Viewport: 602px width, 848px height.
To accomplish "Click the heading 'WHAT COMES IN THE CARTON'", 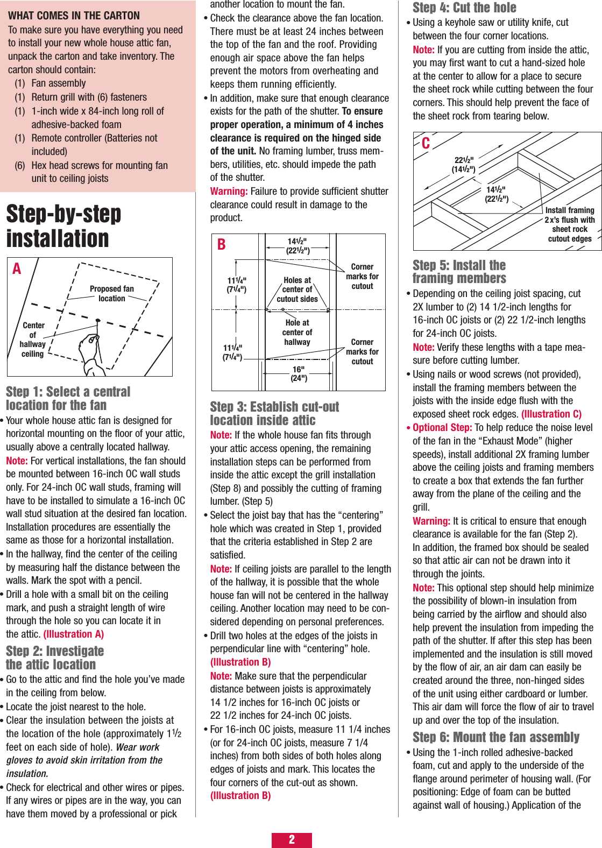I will (x=74, y=16).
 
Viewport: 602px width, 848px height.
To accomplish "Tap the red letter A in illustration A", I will (x=17, y=268).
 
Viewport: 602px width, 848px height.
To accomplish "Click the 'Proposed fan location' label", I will (x=112, y=293).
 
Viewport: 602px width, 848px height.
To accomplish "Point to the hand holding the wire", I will (x=91, y=352).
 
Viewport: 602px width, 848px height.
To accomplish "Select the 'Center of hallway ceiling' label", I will (x=33, y=340).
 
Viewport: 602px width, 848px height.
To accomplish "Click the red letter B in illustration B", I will (x=221, y=245).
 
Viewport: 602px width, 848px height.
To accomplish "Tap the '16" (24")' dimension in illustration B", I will (x=299, y=373).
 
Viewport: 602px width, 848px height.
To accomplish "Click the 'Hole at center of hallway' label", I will (x=297, y=332).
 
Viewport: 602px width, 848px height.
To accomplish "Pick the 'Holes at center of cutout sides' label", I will (x=297, y=289).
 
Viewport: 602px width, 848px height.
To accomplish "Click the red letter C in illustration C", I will (x=426, y=143).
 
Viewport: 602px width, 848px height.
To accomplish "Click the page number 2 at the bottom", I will (x=292, y=839).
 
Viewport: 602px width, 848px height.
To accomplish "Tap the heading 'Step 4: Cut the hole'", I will (x=464, y=8).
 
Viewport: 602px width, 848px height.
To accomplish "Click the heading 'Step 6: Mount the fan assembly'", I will (x=495, y=737).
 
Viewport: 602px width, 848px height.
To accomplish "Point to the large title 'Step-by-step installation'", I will (x=63, y=226).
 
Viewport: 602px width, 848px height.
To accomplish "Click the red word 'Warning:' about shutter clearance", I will (x=229, y=192).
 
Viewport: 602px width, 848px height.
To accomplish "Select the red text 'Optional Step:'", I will (x=442, y=428).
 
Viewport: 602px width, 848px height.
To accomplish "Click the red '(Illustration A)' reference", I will (x=74, y=634).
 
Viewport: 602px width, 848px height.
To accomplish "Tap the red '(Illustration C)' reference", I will (x=551, y=414).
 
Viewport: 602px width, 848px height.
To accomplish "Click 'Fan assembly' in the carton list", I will (x=58, y=83).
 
